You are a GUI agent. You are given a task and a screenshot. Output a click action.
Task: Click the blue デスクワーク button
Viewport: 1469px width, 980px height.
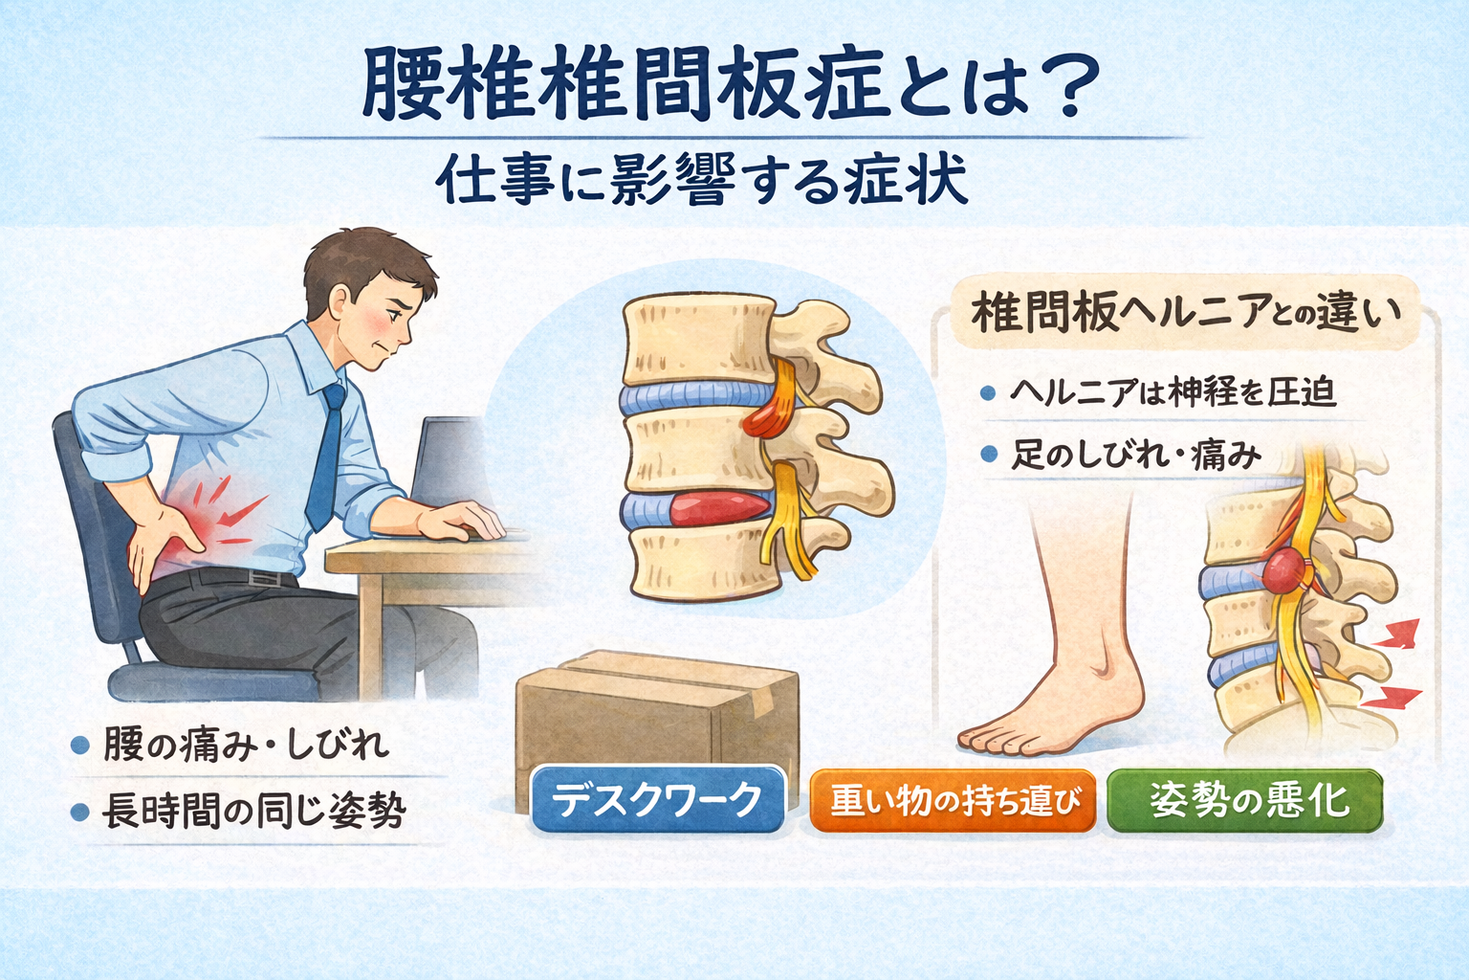(657, 799)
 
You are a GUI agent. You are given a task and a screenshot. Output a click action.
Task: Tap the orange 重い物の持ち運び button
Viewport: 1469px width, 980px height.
(953, 801)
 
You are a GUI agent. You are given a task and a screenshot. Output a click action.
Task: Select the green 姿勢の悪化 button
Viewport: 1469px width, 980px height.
(1244, 801)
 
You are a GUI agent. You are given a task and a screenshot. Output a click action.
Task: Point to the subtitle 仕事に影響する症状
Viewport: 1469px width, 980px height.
(701, 179)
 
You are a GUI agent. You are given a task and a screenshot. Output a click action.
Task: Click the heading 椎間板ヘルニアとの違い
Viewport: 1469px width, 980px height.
(1186, 313)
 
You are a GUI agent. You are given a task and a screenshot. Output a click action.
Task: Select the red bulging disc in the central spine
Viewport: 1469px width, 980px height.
(720, 508)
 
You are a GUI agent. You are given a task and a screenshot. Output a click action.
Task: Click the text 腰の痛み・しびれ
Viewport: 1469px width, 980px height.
(246, 745)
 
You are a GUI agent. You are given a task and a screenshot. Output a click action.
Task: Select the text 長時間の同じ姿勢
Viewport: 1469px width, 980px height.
(253, 812)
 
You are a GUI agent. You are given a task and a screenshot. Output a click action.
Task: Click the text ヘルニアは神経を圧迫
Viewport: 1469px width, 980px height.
(1173, 392)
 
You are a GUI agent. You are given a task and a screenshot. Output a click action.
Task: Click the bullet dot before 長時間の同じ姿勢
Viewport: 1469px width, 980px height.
(79, 813)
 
